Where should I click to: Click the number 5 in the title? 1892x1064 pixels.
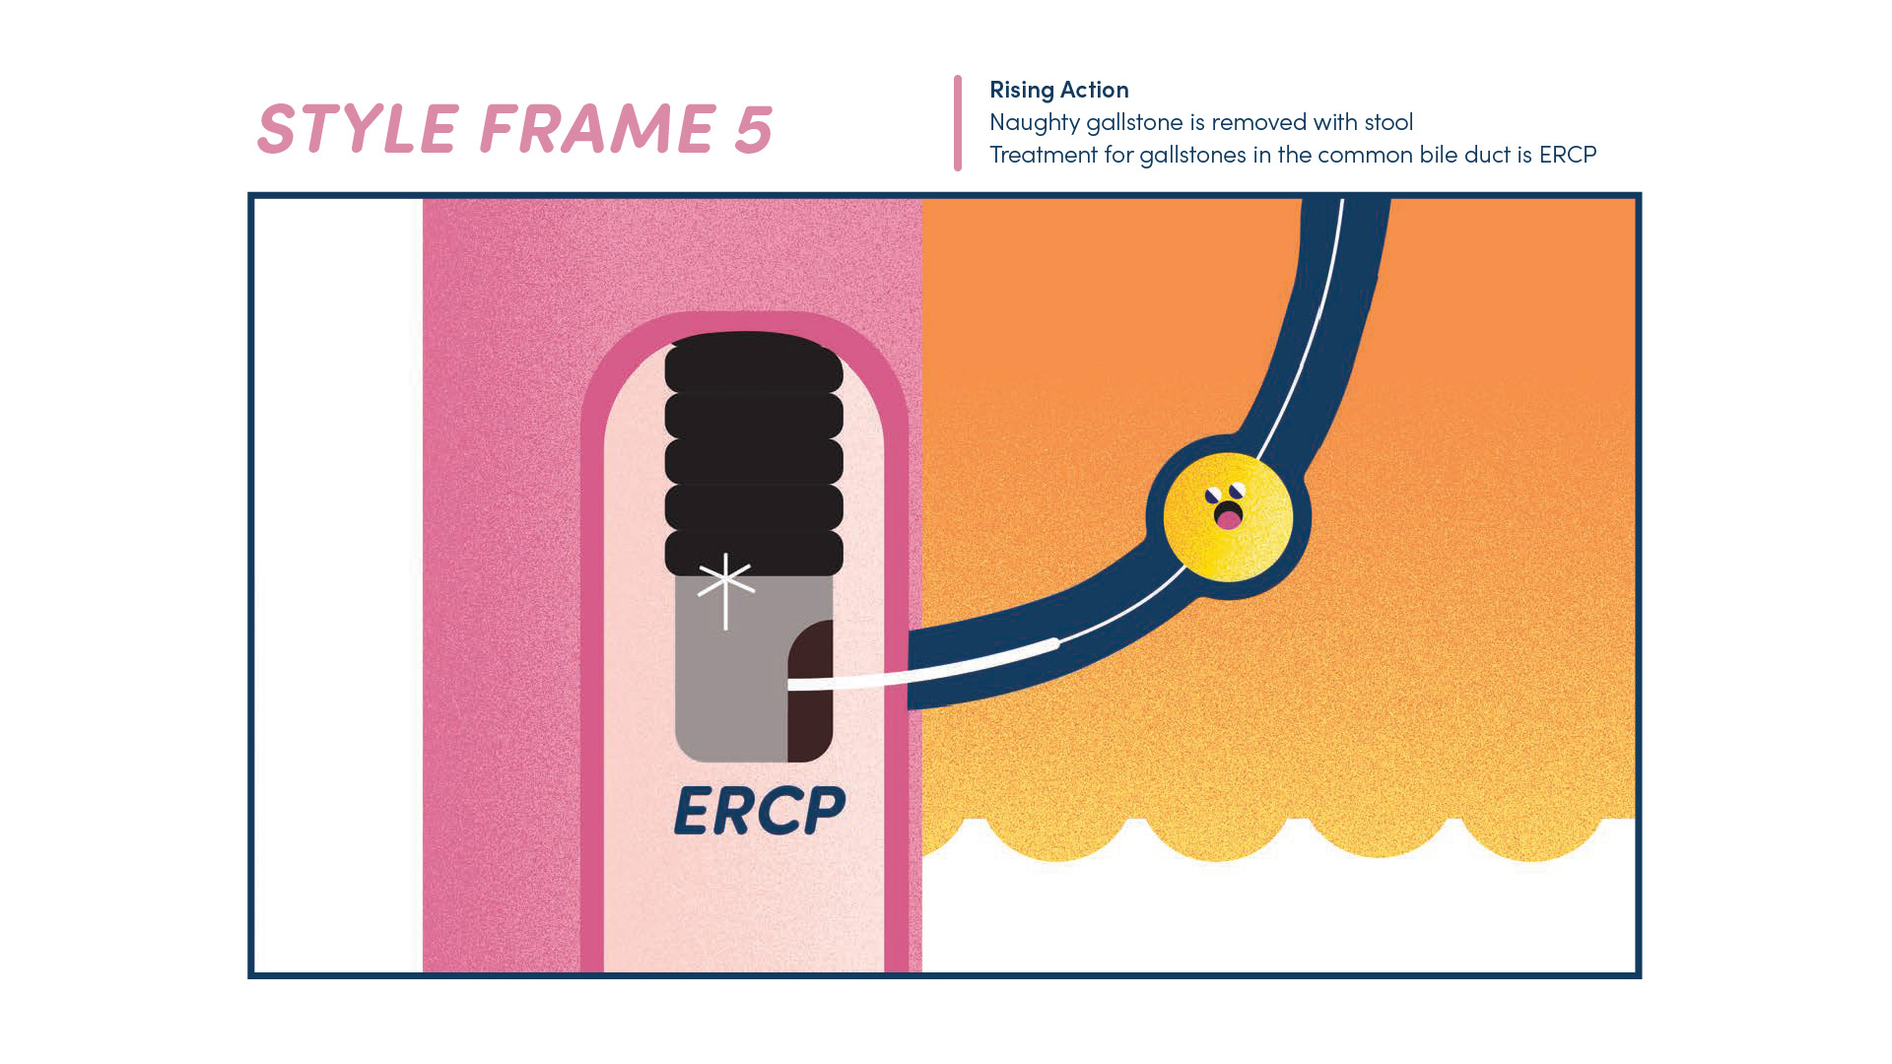[x=753, y=129]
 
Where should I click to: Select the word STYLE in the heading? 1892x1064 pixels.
[x=358, y=129]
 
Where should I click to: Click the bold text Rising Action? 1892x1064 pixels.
[x=1058, y=90]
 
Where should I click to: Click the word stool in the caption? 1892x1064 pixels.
[x=1387, y=122]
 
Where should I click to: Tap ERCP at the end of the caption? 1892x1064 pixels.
[x=1567, y=155]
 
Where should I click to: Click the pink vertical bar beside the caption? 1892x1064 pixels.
[x=957, y=123]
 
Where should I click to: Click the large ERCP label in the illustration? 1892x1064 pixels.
[x=759, y=811]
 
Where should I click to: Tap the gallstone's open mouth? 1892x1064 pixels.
[x=1228, y=514]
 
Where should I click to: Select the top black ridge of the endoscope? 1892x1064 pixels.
[x=754, y=362]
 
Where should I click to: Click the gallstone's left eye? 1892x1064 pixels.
[x=1213, y=495]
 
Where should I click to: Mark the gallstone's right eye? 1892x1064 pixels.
[x=1238, y=490]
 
